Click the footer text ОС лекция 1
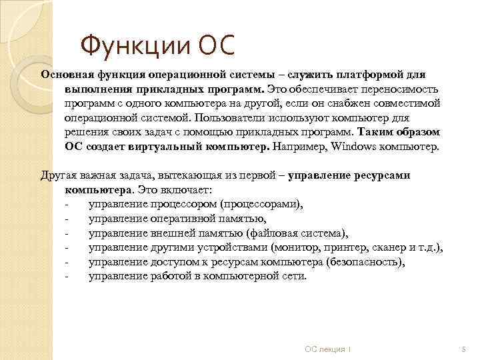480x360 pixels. [x=328, y=349]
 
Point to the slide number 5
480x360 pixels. [x=461, y=349]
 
